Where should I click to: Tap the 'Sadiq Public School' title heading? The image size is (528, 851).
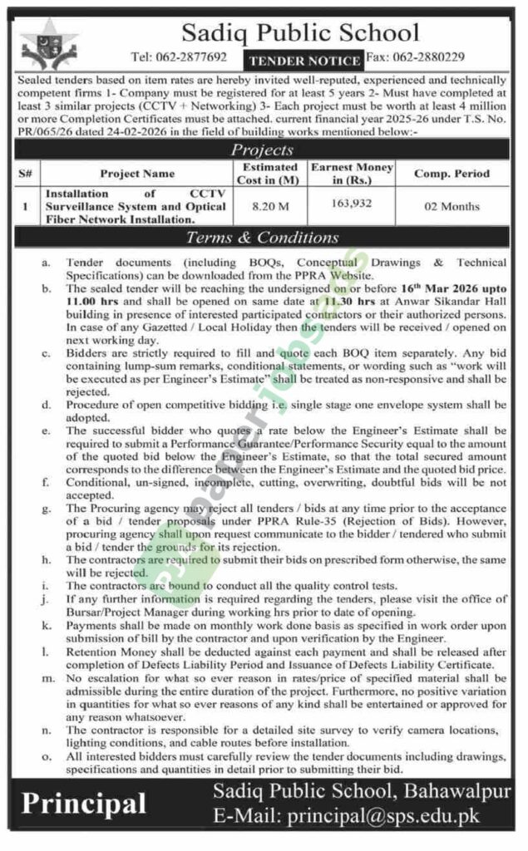click(x=300, y=32)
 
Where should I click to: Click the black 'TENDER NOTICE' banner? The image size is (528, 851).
click(x=303, y=60)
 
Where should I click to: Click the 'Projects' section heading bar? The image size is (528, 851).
click(x=263, y=150)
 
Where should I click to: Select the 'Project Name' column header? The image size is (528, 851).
click(x=137, y=174)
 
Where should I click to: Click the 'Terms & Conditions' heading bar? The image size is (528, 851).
click(x=263, y=238)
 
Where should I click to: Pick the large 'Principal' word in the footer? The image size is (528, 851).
click(x=84, y=803)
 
